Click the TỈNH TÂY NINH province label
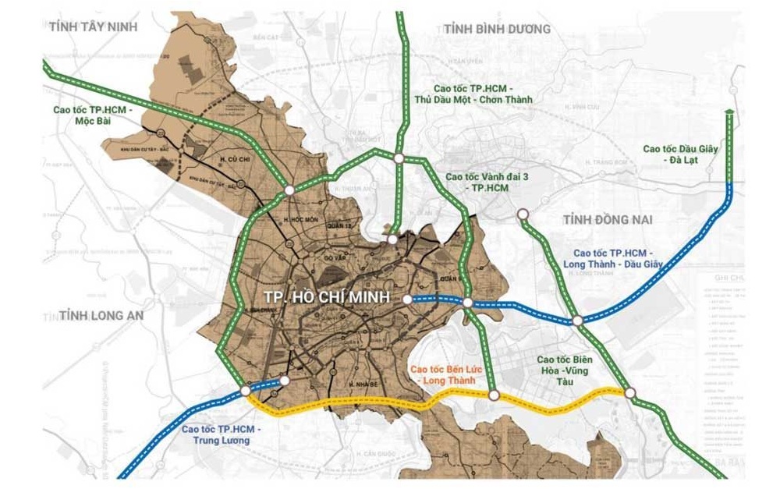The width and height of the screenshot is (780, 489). click(x=92, y=27)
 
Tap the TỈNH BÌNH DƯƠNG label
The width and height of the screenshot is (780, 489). click(x=497, y=29)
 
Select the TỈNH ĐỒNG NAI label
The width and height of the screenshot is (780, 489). click(x=607, y=221)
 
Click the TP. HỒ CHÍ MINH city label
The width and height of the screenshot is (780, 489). click(x=327, y=297)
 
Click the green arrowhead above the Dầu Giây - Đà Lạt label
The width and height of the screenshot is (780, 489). click(x=729, y=114)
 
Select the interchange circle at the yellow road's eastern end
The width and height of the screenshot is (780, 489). click(x=630, y=393)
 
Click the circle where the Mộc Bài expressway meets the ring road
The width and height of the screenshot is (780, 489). click(x=289, y=190)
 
